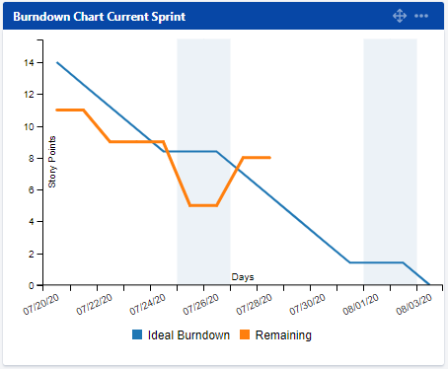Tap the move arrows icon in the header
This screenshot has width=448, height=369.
pyautogui.click(x=400, y=17)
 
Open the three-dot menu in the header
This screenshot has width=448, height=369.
pyautogui.click(x=421, y=17)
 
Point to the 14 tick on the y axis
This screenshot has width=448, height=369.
pyautogui.click(x=31, y=62)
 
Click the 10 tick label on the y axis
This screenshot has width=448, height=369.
pyautogui.click(x=31, y=126)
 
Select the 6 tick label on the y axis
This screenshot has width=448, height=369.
pyautogui.click(x=33, y=189)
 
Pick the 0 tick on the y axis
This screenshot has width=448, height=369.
pyautogui.click(x=33, y=285)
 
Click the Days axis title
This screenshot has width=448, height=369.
pyautogui.click(x=243, y=277)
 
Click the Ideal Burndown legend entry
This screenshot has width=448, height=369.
pyautogui.click(x=181, y=335)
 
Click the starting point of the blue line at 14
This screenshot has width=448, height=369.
pyautogui.click(x=57, y=62)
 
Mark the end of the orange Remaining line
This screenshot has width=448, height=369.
pyautogui.click(x=270, y=158)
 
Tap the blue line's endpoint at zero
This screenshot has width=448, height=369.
pyautogui.click(x=430, y=284)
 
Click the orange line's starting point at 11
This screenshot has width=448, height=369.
pyautogui.click(x=57, y=110)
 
